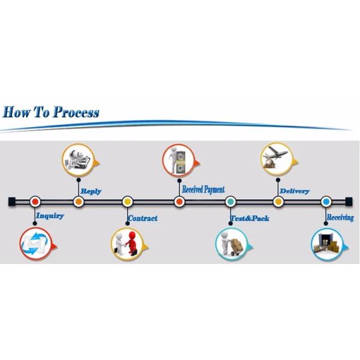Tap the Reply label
click(91, 191)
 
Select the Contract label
click(143, 218)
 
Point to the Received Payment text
click(203, 190)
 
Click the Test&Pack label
click(250, 218)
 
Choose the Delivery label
click(294, 191)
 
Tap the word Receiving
click(340, 217)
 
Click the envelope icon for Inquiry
click(35, 244)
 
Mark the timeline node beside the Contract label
click(127, 202)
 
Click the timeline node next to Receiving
click(326, 202)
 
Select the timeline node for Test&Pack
click(230, 202)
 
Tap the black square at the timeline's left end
click(12, 201)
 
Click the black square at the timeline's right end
click(349, 201)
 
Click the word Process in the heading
click(76, 112)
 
